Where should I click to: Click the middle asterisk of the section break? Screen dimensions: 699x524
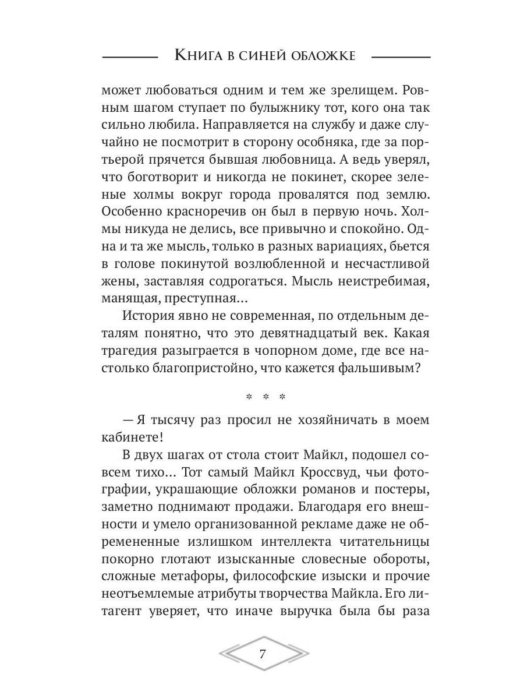coord(266,399)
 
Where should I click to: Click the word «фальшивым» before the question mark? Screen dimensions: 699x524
coord(381,369)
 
